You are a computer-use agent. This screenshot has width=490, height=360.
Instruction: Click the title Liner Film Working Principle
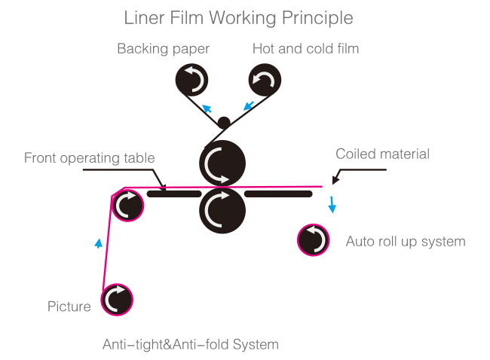tap(238, 17)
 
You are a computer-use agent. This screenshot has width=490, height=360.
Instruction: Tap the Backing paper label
tap(163, 49)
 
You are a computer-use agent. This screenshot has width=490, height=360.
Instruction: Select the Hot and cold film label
tap(305, 49)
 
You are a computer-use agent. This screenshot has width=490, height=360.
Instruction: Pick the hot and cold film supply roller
tap(265, 78)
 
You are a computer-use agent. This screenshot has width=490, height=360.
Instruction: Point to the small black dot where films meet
tap(223, 122)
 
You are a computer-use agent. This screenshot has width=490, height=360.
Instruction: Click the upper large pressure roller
tap(222, 163)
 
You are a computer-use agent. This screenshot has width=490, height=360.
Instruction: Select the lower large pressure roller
tap(222, 209)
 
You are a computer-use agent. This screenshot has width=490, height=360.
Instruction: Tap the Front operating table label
tap(89, 158)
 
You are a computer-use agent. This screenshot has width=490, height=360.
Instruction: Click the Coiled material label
tap(382, 154)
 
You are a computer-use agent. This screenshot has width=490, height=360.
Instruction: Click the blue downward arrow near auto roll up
tap(332, 205)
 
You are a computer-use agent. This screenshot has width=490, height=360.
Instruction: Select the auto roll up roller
tap(314, 240)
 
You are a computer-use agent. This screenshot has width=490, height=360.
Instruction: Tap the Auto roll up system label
tap(405, 242)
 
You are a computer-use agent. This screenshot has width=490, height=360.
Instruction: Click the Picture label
tap(69, 307)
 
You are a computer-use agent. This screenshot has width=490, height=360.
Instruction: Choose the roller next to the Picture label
tap(117, 299)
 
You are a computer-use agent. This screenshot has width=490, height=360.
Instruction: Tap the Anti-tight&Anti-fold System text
tap(191, 345)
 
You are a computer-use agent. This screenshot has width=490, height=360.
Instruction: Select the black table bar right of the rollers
tap(278, 194)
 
